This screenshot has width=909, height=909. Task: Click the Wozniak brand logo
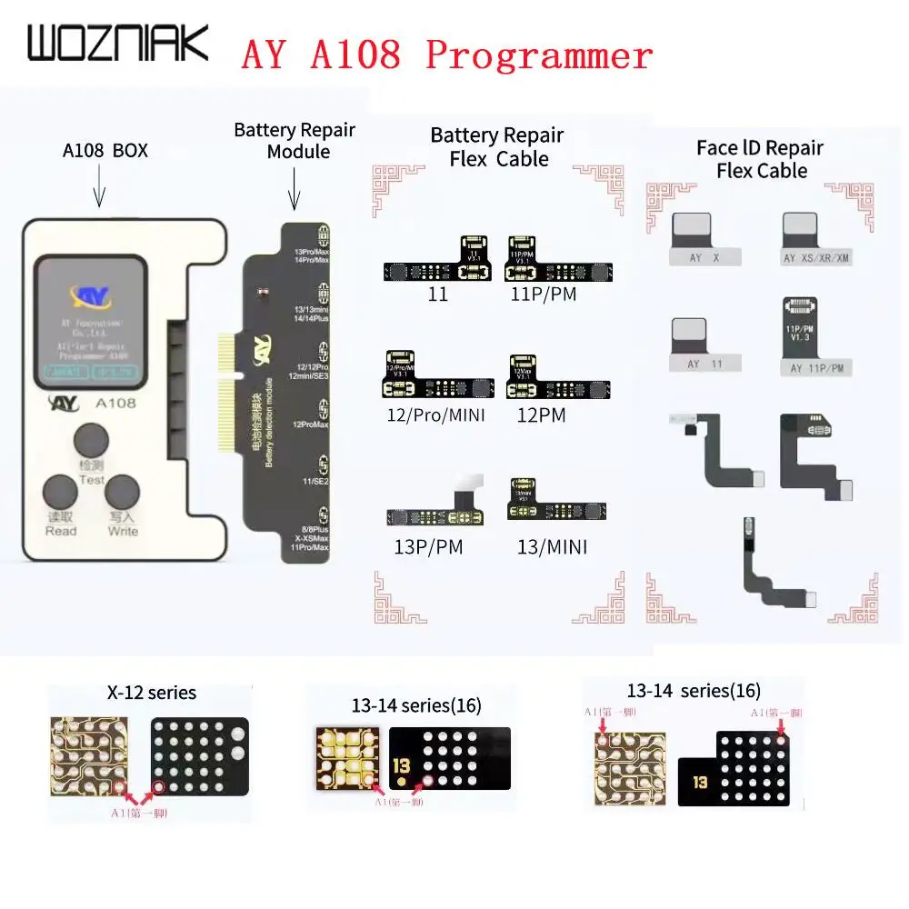click(117, 45)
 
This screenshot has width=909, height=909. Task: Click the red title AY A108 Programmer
click(446, 55)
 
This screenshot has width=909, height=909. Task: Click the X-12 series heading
click(151, 693)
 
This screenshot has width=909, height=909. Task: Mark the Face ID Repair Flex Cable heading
click(760, 159)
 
